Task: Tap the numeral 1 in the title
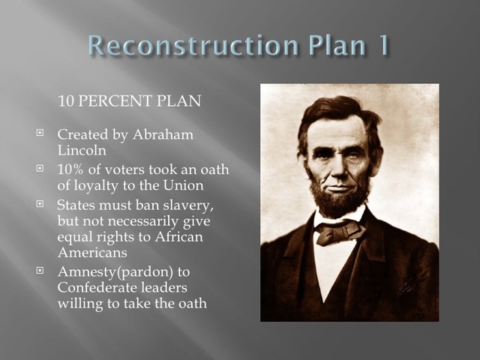[379, 45]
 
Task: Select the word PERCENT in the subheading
[123, 100]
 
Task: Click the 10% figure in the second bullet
[71, 169]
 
